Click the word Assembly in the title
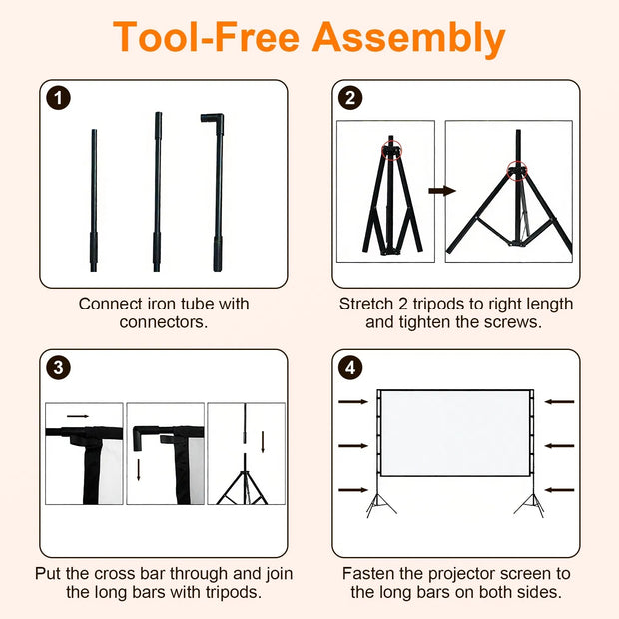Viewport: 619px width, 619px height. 408,39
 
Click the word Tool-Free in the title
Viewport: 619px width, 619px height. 207,37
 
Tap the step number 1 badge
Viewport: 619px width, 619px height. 59,98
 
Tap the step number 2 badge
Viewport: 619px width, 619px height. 350,98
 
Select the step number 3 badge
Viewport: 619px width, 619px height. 59,368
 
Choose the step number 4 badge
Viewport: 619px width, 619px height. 350,368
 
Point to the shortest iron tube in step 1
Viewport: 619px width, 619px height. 94,200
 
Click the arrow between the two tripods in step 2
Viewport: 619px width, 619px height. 442,191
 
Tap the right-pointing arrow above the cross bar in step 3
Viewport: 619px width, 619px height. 78,416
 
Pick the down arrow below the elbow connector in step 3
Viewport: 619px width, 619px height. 138,470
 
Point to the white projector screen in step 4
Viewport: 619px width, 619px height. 455,433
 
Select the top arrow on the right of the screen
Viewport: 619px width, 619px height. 559,402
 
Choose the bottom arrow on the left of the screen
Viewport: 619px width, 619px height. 353,490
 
